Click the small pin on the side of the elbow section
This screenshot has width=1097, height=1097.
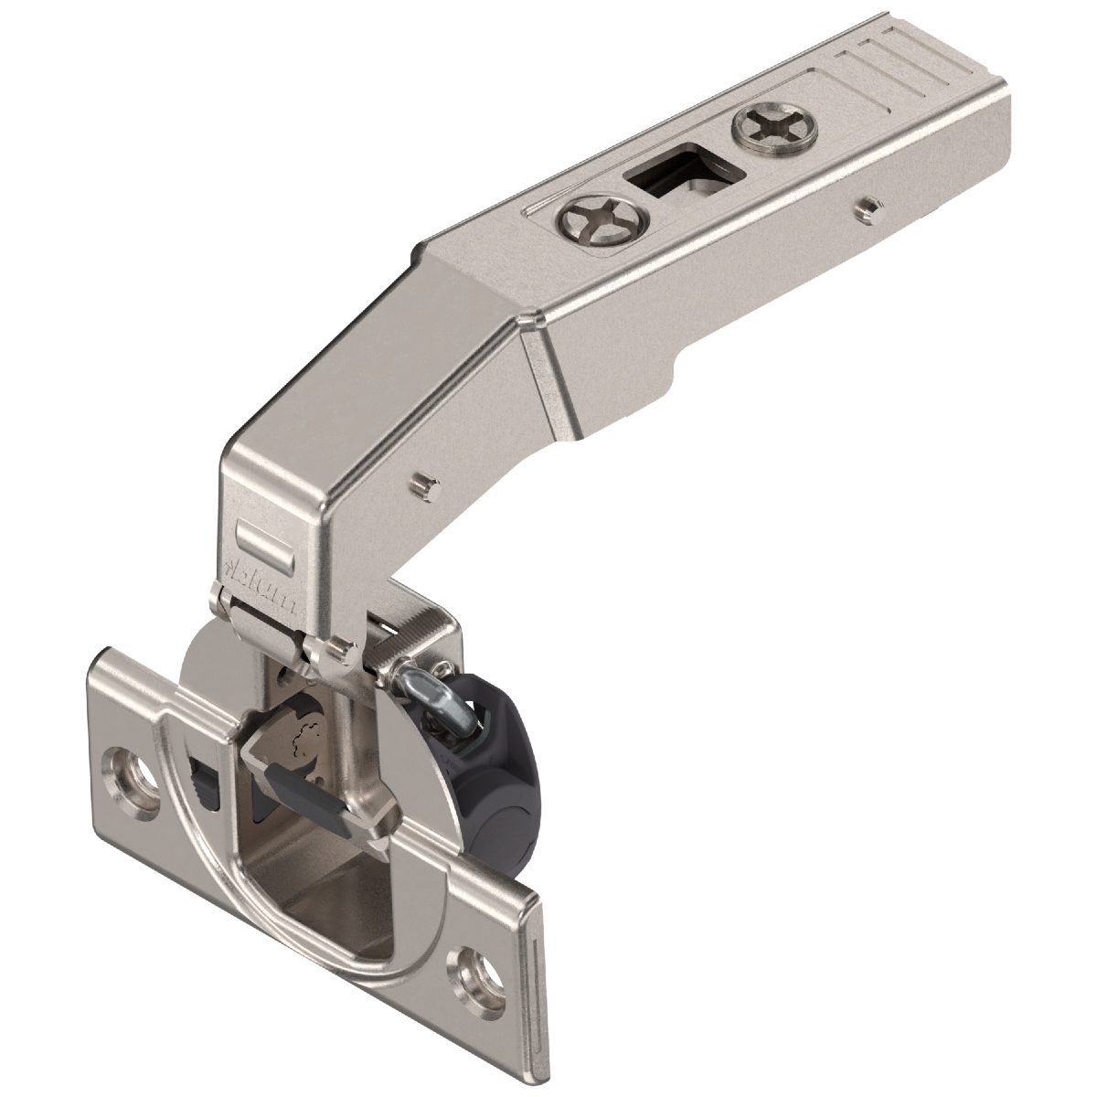point(421,482)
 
